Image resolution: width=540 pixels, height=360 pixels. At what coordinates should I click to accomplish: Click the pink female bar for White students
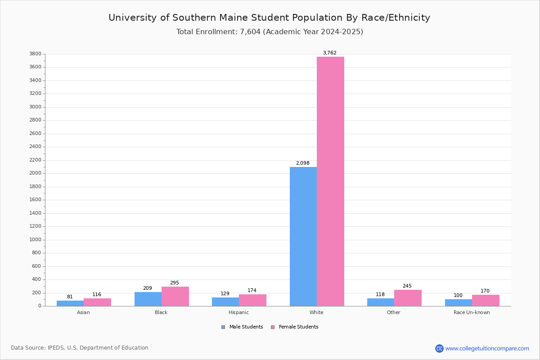[x=330, y=181]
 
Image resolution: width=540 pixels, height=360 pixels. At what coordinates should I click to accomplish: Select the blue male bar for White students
[x=303, y=237]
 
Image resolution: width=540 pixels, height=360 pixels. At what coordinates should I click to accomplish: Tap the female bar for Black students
[x=175, y=297]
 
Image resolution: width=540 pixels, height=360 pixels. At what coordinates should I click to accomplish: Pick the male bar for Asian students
[x=70, y=303]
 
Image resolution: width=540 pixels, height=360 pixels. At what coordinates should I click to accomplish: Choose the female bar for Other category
[x=408, y=298]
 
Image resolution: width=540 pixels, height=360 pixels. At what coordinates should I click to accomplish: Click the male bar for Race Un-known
[x=459, y=303]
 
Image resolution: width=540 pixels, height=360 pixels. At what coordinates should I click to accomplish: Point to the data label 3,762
[x=330, y=53]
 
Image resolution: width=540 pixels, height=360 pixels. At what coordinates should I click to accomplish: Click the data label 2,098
[x=303, y=163]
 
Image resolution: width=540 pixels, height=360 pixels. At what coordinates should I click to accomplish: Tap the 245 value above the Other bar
[x=407, y=286]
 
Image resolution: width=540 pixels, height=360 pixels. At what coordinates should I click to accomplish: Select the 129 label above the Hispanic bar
[x=225, y=293]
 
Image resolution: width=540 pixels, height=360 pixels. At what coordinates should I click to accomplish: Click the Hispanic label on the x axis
[x=238, y=312]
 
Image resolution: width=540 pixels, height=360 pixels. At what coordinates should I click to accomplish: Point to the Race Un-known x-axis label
[x=472, y=312]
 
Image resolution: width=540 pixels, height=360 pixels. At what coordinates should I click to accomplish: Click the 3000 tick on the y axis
[x=35, y=107]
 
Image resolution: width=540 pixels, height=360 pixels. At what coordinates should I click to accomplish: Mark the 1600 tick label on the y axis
[x=35, y=200]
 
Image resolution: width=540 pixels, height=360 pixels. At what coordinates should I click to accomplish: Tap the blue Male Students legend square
[x=223, y=327]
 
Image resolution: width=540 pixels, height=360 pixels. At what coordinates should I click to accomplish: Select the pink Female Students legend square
[x=273, y=327]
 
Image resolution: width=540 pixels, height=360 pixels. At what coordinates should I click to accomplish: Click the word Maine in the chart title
[x=234, y=18]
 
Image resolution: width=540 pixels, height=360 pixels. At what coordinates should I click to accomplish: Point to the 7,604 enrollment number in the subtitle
[x=250, y=32]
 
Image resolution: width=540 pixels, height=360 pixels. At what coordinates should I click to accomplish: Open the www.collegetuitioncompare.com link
[x=487, y=348]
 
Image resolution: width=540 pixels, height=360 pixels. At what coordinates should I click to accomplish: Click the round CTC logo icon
[x=439, y=348]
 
